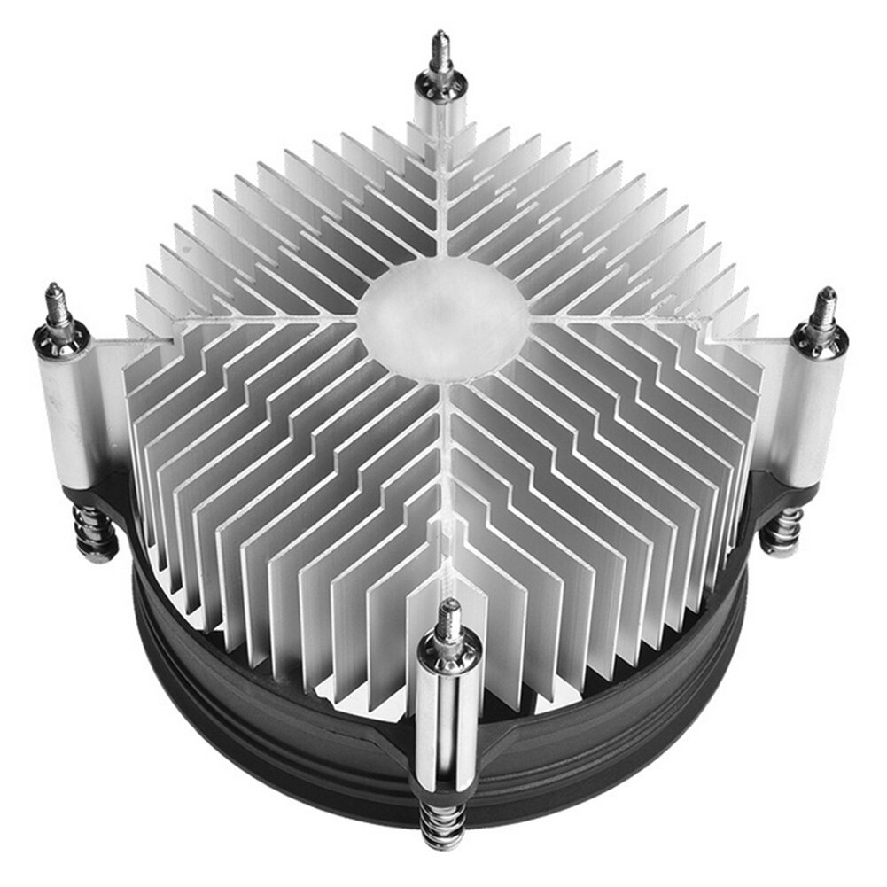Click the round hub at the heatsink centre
[443, 318]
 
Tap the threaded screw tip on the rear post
[440, 52]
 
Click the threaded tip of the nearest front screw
[450, 616]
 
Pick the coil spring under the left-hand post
[94, 532]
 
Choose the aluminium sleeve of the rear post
[436, 115]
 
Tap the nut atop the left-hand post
[60, 338]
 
